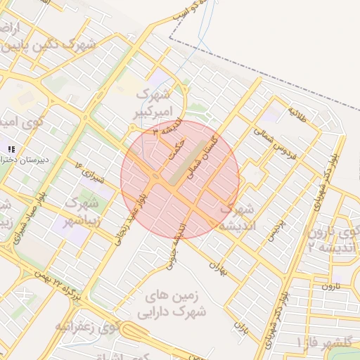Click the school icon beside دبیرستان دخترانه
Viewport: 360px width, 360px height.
point(11,148)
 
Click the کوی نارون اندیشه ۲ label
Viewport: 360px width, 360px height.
point(332,239)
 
